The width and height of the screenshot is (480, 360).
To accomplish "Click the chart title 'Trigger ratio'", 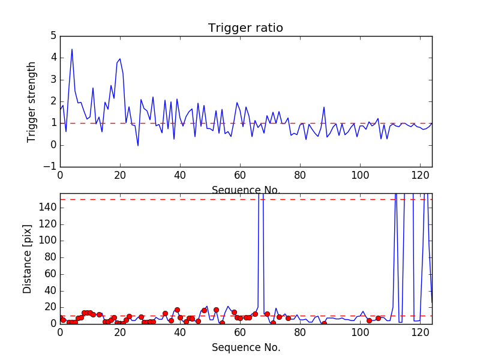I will [x=245, y=28].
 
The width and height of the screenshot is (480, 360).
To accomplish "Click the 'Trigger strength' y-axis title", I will [x=32, y=101].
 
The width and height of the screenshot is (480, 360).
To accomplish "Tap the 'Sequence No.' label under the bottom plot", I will [x=246, y=347].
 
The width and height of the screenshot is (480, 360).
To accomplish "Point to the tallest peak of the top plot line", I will [x=72, y=49].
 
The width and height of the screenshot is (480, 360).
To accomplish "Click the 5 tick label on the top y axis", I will [x=53, y=36].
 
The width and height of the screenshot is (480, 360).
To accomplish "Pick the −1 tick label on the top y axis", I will [x=50, y=167].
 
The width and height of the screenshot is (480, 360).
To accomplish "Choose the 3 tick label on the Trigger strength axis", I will [x=53, y=80].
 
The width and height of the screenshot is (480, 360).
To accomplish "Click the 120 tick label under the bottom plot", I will [x=420, y=332].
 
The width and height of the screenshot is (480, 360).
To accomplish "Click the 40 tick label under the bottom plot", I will [x=180, y=332].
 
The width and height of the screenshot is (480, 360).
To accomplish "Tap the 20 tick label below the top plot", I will [x=120, y=176].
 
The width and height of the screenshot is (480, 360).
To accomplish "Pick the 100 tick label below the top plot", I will [x=360, y=176].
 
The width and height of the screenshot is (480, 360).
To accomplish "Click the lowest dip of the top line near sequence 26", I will [x=138, y=146].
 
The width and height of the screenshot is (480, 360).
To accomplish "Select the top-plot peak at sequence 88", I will [x=324, y=107].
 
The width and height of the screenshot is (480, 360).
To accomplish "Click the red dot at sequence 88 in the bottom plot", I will [x=324, y=323].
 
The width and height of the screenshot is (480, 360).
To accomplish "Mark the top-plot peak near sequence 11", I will [x=93, y=88].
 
